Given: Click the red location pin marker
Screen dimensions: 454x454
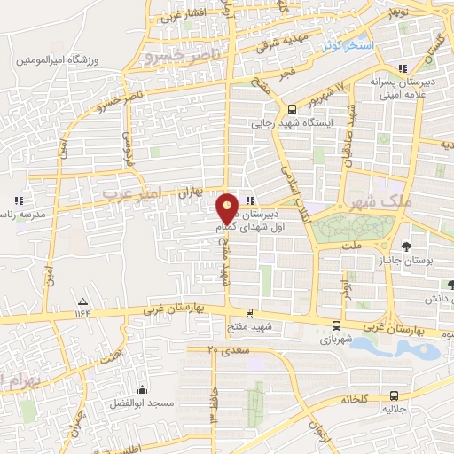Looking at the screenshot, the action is pyautogui.click(x=228, y=208).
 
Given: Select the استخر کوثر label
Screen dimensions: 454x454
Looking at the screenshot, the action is pyautogui.click(x=348, y=43).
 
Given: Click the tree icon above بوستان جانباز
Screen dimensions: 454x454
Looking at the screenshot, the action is pyautogui.click(x=406, y=247).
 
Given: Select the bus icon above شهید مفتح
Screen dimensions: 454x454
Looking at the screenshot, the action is pyautogui.click(x=249, y=312).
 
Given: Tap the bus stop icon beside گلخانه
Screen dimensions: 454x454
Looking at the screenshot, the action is pyautogui.click(x=393, y=396).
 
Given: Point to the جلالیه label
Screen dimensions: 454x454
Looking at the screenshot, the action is pyautogui.click(x=393, y=411).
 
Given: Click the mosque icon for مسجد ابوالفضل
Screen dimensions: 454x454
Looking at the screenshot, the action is pyautogui.click(x=142, y=388).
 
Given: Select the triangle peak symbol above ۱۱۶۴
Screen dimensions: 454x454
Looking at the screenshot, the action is pyautogui.click(x=82, y=301).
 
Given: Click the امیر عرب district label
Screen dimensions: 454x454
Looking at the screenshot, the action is pyautogui.click(x=130, y=192).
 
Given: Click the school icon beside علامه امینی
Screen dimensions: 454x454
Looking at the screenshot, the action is pyautogui.click(x=404, y=67).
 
